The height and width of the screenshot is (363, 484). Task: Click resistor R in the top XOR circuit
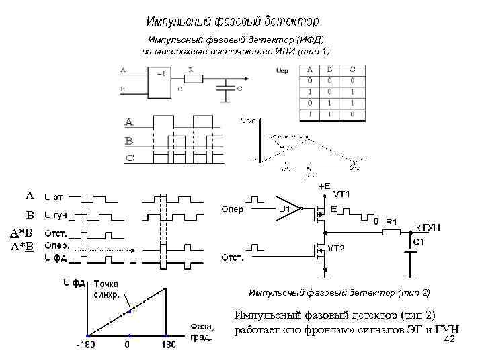click(194, 79)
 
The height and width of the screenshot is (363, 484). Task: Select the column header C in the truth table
click(352, 69)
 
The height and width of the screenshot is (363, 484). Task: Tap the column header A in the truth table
click(309, 69)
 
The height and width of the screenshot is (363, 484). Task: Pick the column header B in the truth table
click(331, 69)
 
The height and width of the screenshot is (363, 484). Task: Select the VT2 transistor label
click(336, 248)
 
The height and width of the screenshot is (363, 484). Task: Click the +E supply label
click(325, 185)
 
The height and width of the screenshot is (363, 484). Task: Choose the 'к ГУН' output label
click(426, 227)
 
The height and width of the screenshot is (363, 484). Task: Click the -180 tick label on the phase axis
click(85, 345)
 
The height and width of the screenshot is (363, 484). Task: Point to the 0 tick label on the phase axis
click(128, 345)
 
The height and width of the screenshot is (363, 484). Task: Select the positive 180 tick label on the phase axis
click(167, 345)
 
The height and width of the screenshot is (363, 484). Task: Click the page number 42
click(450, 339)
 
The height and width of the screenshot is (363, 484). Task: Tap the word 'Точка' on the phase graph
click(106, 284)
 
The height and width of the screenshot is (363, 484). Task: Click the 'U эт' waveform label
click(54, 197)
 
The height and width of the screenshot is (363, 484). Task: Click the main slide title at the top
click(233, 22)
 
